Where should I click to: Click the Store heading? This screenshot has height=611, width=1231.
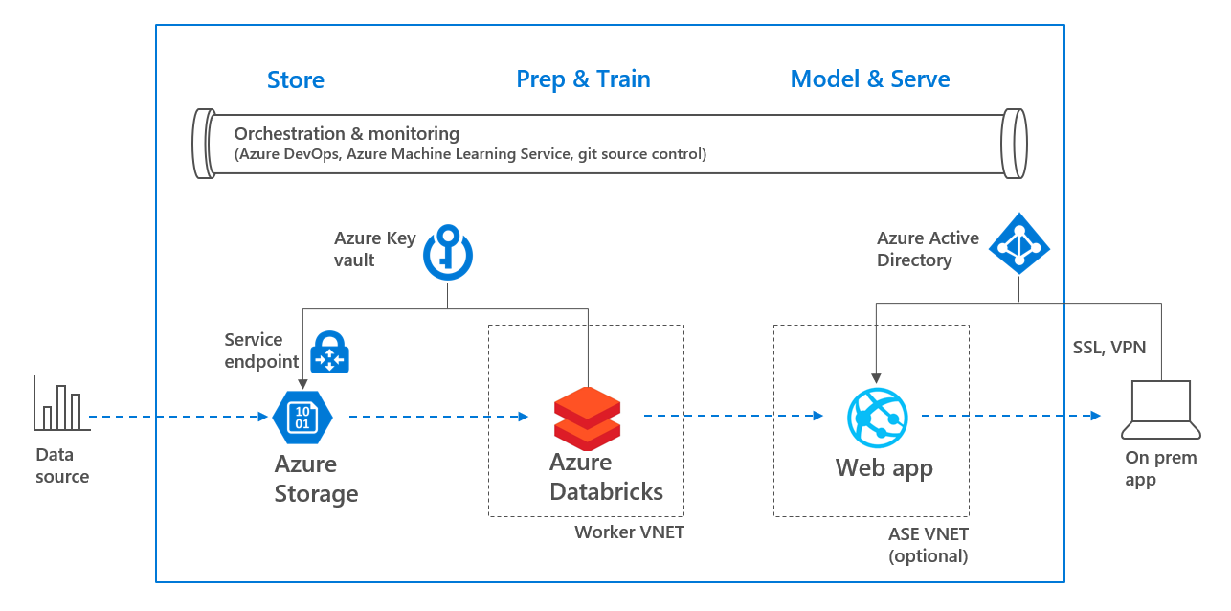tap(295, 80)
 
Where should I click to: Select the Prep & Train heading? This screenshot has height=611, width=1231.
tap(583, 79)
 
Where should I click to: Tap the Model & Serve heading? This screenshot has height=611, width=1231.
tap(869, 79)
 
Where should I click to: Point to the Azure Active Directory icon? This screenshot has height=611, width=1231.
tap(1018, 243)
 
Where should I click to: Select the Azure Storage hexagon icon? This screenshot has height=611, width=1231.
tap(302, 417)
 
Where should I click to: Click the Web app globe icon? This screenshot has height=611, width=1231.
tap(877, 418)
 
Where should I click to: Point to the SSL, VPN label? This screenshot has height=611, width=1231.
tap(1108, 348)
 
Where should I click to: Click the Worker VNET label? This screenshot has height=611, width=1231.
tap(629, 532)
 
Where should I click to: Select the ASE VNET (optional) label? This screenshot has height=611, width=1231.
tap(928, 545)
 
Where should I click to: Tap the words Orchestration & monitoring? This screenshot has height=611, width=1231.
tap(347, 134)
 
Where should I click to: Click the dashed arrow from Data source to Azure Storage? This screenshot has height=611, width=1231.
tap(178, 417)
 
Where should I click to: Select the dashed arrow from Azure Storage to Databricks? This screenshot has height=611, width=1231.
tap(437, 417)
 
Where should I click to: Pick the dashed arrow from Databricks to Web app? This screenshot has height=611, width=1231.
tap(733, 416)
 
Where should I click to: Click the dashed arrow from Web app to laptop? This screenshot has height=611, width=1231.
tap(1010, 416)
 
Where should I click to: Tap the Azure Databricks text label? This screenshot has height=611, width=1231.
tap(606, 477)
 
